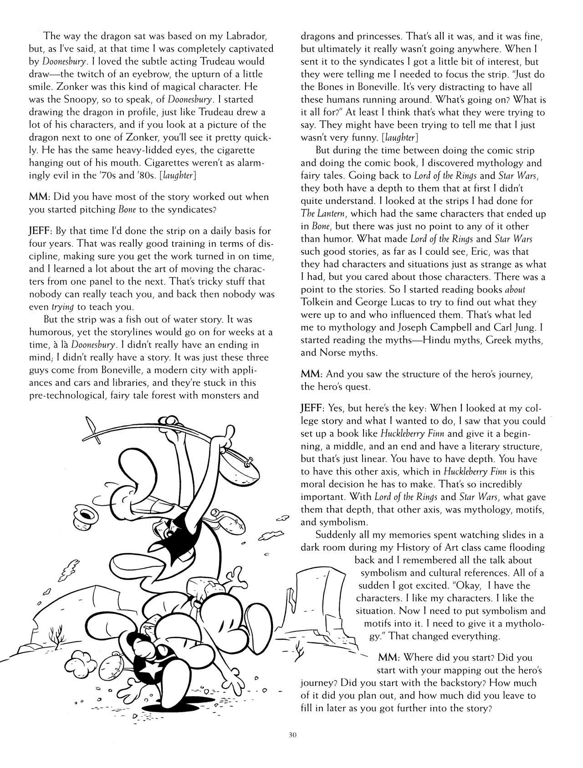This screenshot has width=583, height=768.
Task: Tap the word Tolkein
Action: [321, 302]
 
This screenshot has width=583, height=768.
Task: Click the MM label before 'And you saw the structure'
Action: [312, 374]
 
